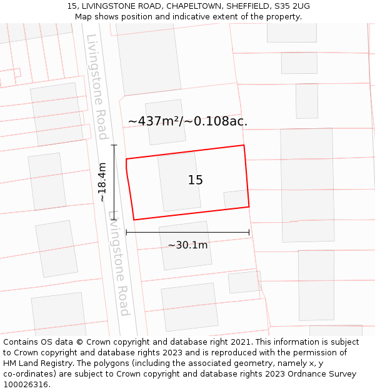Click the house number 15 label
195,180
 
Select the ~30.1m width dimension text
187,245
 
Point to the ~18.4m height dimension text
102,182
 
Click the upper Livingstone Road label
97,86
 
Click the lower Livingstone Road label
119,263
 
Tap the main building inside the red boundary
179,181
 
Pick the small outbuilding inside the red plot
236,200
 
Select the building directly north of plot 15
166,113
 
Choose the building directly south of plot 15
186,245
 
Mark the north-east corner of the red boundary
244,146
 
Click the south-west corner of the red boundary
134,220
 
